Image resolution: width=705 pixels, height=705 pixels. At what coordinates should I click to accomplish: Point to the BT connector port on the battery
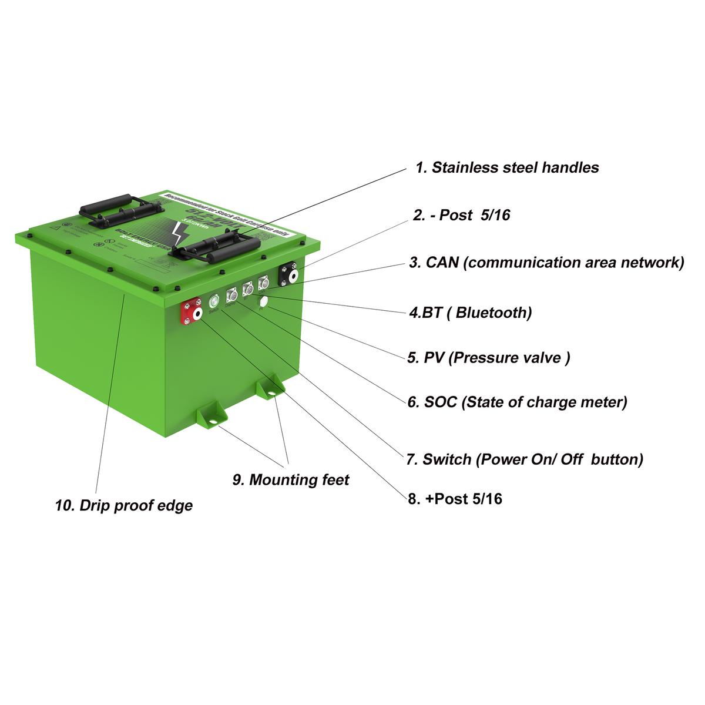pos(247,288)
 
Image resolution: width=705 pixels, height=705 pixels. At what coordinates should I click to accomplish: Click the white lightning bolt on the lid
pos(177,234)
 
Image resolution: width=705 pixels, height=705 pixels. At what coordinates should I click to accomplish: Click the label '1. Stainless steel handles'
pos(507,167)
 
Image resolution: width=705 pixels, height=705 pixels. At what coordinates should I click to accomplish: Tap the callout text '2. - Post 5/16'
pos(461,215)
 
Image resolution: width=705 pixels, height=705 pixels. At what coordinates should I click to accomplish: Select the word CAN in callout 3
pos(442,262)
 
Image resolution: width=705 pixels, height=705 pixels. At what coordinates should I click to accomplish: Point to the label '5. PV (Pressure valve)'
pos(488,357)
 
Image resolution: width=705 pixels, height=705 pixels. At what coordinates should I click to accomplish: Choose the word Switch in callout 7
pos(447,459)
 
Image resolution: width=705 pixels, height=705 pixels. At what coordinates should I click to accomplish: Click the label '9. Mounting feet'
pos(290,480)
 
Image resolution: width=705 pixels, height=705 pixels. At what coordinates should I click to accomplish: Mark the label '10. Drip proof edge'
pos(124,505)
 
